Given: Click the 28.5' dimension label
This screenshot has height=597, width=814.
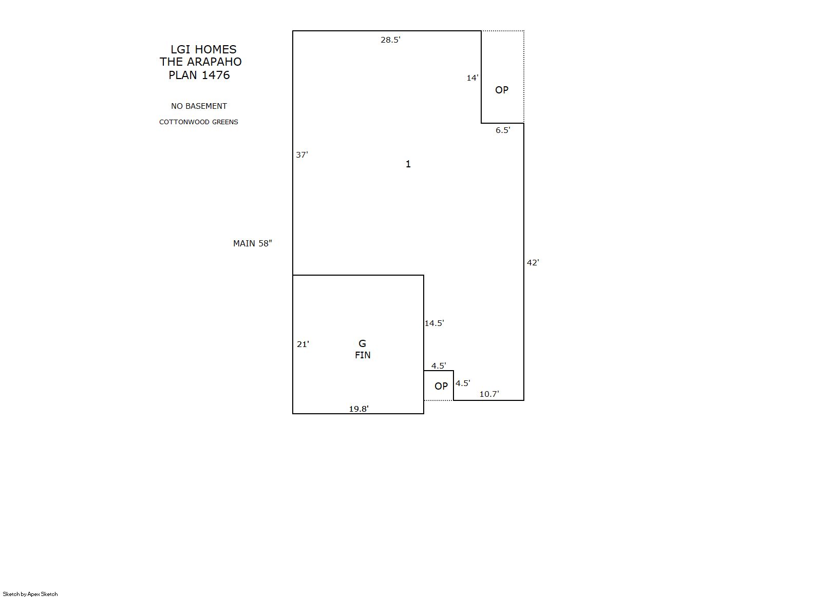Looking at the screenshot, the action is [x=390, y=40].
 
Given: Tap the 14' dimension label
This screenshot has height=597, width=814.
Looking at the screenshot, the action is [x=472, y=78].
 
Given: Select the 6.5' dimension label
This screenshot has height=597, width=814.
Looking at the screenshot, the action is [x=503, y=130].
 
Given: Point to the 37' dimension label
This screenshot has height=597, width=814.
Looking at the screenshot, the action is [x=302, y=155].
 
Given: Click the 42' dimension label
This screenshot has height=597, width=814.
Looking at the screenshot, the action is [x=533, y=262].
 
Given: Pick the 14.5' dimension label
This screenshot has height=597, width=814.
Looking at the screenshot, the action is [x=434, y=323].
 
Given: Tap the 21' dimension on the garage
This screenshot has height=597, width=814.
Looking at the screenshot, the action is [x=303, y=344].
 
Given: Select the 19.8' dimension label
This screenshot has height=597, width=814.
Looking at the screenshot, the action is [x=359, y=409].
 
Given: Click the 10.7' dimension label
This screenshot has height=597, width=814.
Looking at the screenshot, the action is [x=489, y=394].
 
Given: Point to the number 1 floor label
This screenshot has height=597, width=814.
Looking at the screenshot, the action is [x=408, y=164].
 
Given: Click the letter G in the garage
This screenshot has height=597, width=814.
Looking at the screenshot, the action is [x=362, y=343].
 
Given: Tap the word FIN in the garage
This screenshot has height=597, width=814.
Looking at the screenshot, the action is [x=363, y=355].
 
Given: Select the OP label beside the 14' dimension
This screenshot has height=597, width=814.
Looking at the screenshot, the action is [x=502, y=90].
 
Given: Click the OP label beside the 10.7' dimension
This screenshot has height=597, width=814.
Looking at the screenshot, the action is [x=441, y=387].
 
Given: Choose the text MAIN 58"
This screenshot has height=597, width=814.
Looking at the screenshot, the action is [x=253, y=243].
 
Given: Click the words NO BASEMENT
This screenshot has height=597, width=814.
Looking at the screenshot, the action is [x=199, y=106].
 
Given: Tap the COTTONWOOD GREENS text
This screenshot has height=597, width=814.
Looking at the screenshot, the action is [x=199, y=122].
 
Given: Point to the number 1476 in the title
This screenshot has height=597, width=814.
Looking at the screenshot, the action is [x=216, y=75].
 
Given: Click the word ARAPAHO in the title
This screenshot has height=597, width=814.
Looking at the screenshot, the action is [x=214, y=62].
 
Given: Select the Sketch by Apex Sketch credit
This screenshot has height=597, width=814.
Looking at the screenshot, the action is [x=30, y=594].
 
